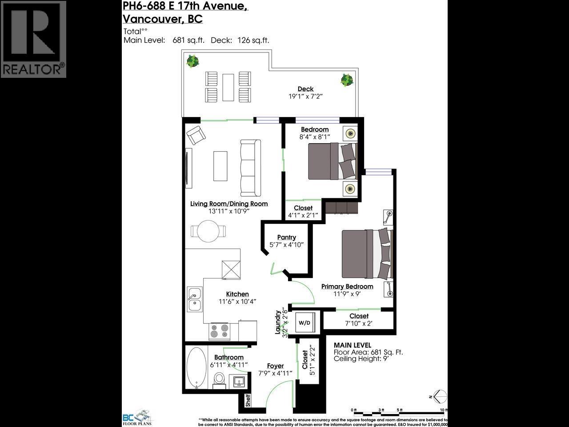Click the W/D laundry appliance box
[x=305, y=322]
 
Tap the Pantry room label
[x=286, y=238]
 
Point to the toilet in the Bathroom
[x=219, y=378]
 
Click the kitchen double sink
[x=194, y=299]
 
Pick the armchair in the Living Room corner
[x=195, y=134]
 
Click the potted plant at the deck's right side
[x=347, y=80]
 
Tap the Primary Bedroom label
[x=347, y=286]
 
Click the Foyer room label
[x=275, y=366]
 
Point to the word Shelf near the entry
[x=248, y=400]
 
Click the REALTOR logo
[x=33, y=39]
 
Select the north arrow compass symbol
[x=439, y=395]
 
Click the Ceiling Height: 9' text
[x=361, y=359]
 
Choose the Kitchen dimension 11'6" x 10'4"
[x=237, y=302]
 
